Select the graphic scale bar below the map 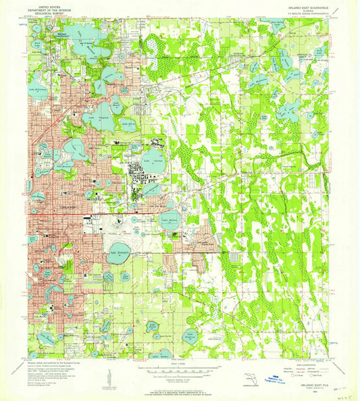click(x=180, y=373)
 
